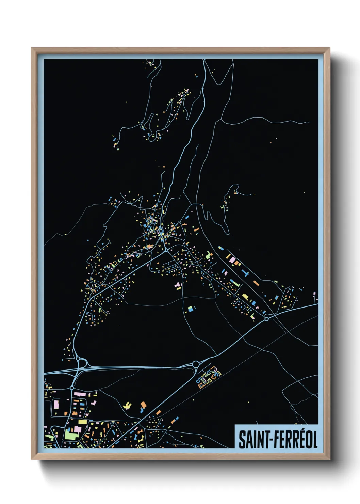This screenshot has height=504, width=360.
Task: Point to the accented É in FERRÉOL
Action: pyautogui.click(x=300, y=439)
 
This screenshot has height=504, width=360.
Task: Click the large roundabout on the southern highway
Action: pyautogui.click(x=196, y=364)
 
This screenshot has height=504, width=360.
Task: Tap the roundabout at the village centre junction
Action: pyautogui.click(x=166, y=250)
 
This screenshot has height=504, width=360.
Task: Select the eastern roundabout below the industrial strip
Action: pyautogui.click(x=267, y=319)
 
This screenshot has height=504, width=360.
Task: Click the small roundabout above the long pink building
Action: pyautogui.click(x=72, y=388)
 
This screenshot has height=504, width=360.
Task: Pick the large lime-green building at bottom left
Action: pyautogui.click(x=70, y=435)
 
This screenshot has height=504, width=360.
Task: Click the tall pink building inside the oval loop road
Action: pyautogui.click(x=56, y=405)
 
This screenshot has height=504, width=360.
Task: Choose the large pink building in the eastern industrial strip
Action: pyautogui.click(x=232, y=260)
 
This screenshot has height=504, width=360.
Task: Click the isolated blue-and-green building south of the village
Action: pyautogui.click(x=190, y=309)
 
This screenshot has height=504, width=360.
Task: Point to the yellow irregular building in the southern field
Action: pyautogui.click(x=127, y=406)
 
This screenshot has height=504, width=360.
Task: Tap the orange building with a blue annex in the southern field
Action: pyautogui.click(x=143, y=405)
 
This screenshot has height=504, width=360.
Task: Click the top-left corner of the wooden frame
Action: pyautogui.click(x=32, y=48)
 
